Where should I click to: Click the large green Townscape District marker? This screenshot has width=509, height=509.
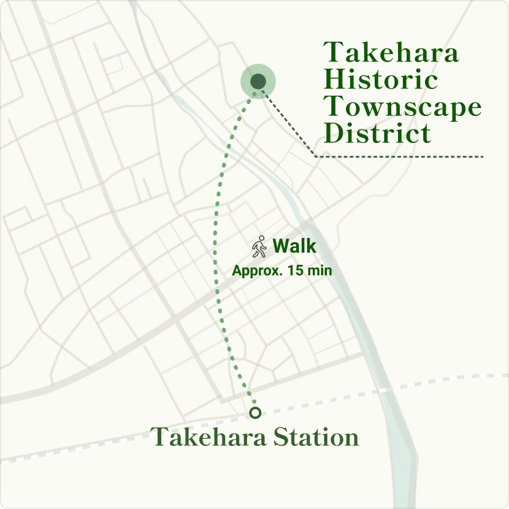tap(258, 81)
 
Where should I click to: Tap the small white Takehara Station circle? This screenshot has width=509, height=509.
tap(255, 413)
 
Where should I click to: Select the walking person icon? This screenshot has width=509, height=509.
tap(259, 247)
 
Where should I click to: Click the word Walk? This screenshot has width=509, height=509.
tap(294, 247)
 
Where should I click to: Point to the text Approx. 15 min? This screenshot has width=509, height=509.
tap(281, 270)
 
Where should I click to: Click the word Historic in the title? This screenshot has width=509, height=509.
tap(381, 80)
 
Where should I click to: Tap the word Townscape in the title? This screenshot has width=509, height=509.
tap(402, 107)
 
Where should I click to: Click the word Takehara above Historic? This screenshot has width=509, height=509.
tap(391, 53)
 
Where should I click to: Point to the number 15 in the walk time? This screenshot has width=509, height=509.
tap(295, 270)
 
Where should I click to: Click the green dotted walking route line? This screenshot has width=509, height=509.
tap(215, 245)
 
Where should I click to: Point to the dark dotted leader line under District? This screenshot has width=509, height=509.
tap(399, 157)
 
